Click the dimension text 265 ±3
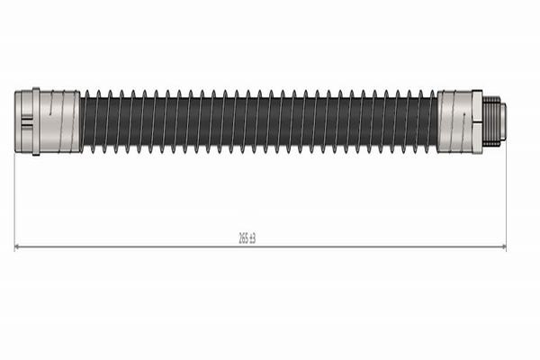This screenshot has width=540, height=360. click(x=247, y=238)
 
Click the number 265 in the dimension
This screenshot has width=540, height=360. click(x=243, y=238)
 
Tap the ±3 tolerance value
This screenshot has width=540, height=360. click(x=252, y=238)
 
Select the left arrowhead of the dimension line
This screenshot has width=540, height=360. click(x=17, y=247)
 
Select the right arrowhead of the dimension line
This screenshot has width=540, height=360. click(x=503, y=247)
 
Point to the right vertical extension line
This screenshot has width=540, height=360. click(x=506, y=195)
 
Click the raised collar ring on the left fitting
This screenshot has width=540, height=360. click(x=36, y=121)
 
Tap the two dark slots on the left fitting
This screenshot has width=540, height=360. click(x=27, y=122)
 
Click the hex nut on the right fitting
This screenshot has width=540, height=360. click(x=477, y=121)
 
